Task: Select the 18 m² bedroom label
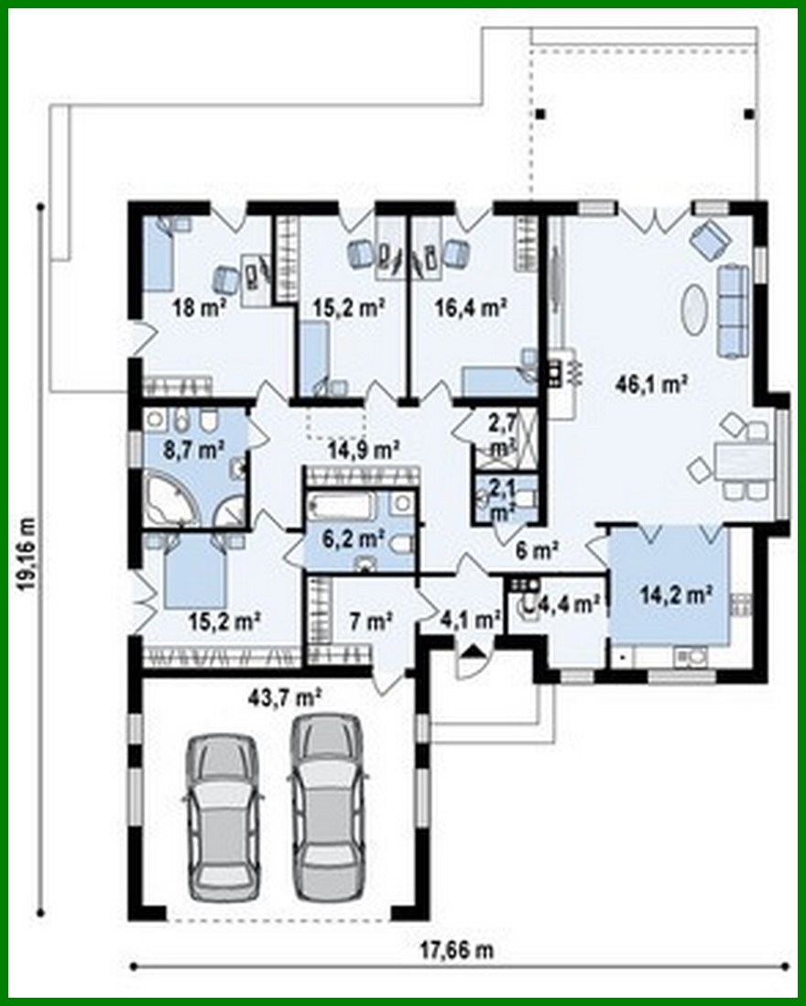point(200,308)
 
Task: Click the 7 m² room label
point(371,622)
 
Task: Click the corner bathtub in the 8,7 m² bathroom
point(170,500)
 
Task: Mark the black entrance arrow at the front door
point(472,652)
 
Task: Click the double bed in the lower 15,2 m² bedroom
point(194,572)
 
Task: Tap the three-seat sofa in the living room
point(732,310)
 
